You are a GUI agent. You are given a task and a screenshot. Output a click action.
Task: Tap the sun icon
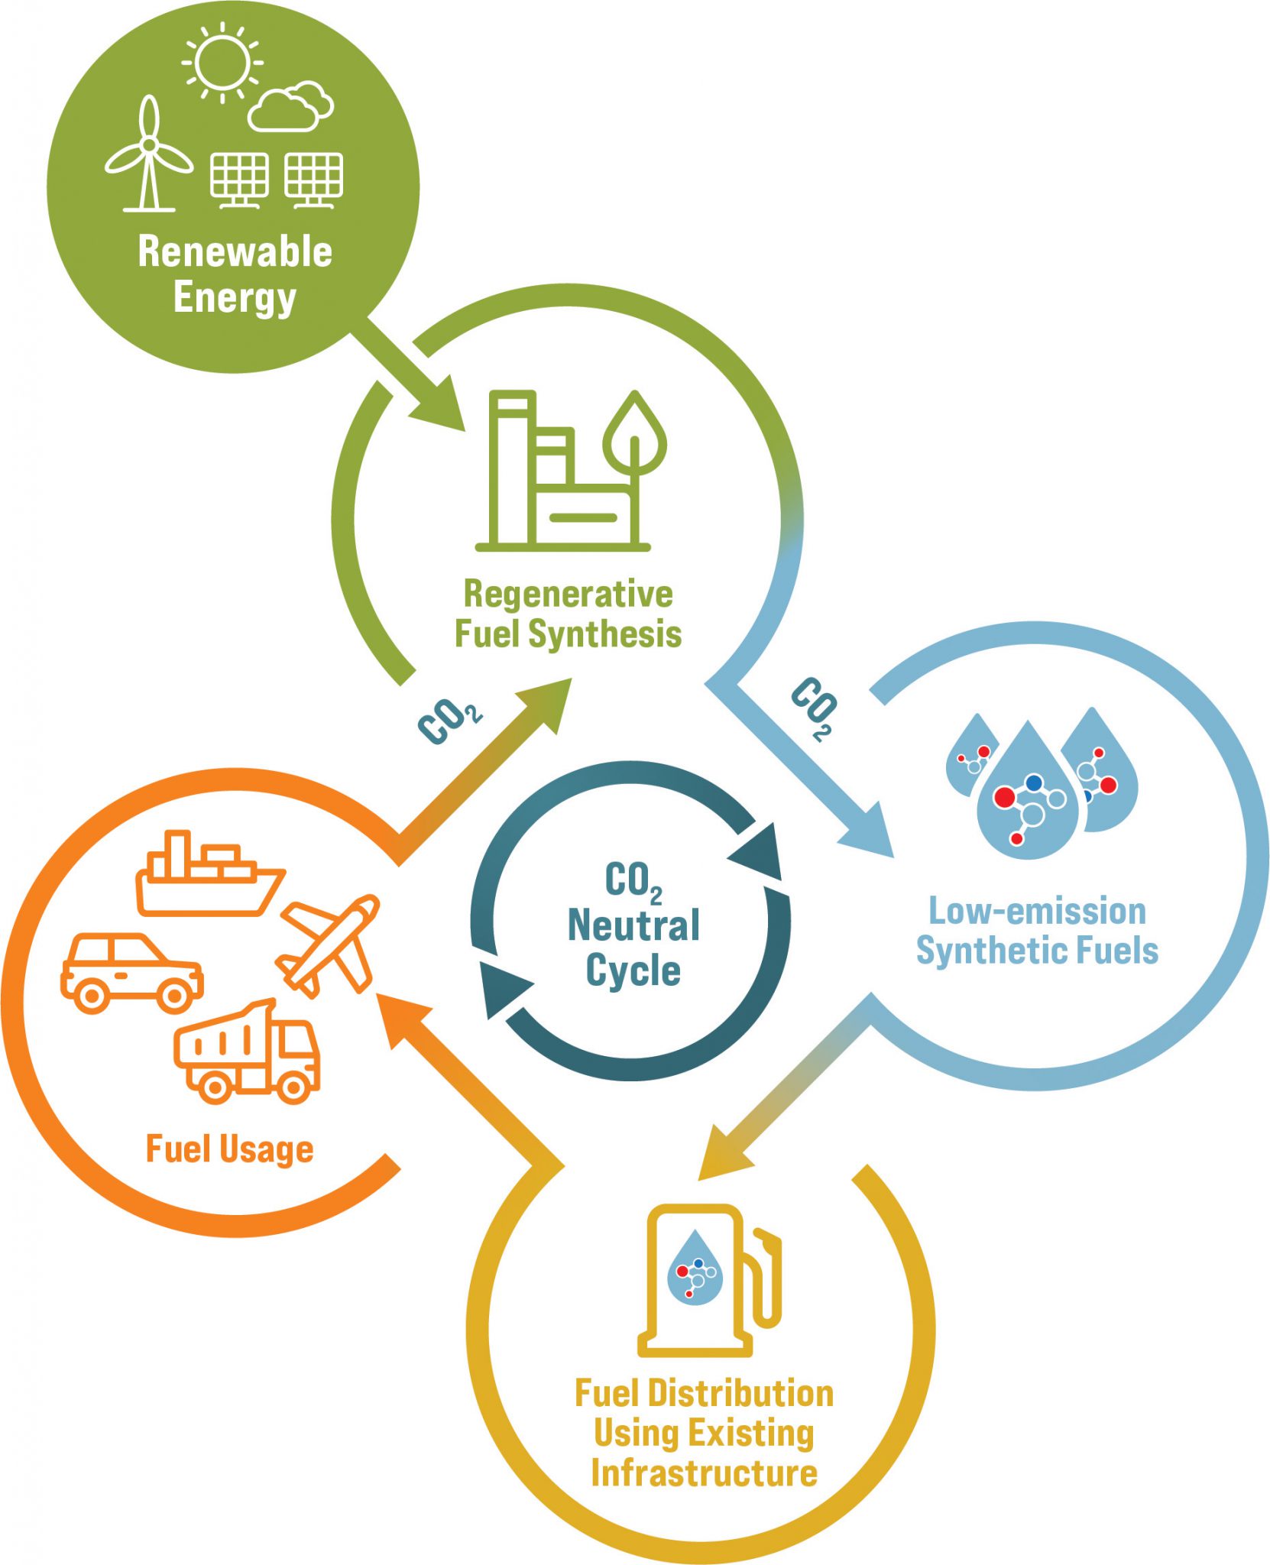(x=222, y=62)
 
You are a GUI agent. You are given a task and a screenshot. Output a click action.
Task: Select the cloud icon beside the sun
(x=290, y=108)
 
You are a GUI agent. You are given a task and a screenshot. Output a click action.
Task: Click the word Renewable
(x=235, y=251)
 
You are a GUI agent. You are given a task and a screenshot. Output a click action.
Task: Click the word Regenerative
(x=568, y=594)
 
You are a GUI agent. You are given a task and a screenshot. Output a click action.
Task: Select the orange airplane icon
(x=329, y=945)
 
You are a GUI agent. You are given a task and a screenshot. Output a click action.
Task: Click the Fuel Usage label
(x=229, y=1149)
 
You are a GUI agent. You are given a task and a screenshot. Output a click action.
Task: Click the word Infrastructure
(x=704, y=1473)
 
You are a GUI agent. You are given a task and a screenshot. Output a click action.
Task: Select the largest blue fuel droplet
(x=1027, y=795)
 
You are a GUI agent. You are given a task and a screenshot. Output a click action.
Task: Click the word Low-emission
(x=1037, y=911)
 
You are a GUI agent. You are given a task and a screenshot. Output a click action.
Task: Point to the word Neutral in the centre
(x=633, y=925)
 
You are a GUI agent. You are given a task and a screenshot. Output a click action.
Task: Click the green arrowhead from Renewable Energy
(x=439, y=405)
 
